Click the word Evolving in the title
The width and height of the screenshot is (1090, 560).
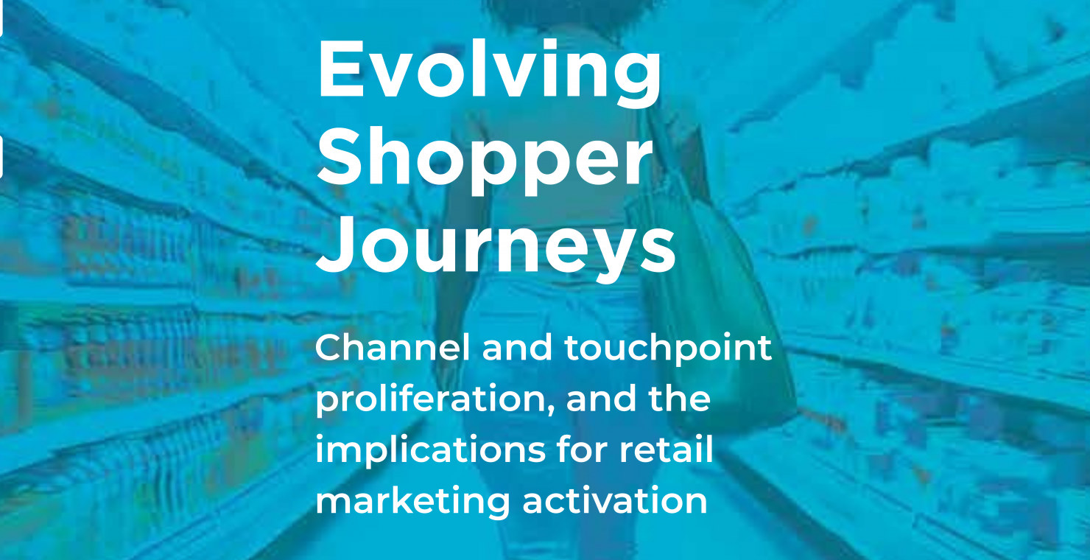(489, 73)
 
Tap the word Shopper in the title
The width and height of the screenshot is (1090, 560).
(485, 161)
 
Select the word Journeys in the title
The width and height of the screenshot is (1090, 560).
(496, 247)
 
